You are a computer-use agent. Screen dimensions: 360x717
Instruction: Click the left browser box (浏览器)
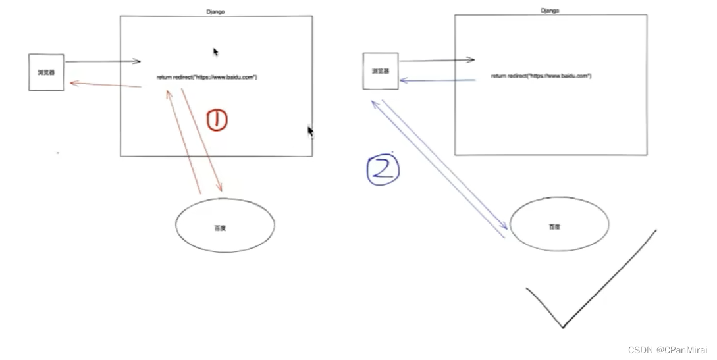(46, 72)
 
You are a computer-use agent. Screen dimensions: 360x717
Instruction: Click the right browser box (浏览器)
(381, 71)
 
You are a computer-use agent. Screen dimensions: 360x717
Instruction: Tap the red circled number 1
(217, 120)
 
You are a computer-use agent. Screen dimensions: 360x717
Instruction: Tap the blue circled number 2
(383, 168)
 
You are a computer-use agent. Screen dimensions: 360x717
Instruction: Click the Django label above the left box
(215, 12)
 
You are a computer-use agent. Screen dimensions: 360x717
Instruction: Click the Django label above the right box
(550, 11)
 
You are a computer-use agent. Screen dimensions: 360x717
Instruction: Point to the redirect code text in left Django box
(207, 78)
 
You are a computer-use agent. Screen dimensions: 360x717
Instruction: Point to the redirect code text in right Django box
(541, 76)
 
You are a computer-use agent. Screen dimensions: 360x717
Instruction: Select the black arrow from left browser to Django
(103, 62)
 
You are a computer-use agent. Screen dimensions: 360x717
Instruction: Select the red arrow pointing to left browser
(105, 85)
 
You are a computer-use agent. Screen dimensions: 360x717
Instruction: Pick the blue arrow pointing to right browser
(437, 81)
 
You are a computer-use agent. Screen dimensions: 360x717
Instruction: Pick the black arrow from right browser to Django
(437, 61)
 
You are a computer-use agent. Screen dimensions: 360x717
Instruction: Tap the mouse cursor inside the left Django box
(215, 52)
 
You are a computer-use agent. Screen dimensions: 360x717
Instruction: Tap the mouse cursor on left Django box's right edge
(310, 131)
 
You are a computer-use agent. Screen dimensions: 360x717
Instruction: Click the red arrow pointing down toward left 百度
(201, 140)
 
